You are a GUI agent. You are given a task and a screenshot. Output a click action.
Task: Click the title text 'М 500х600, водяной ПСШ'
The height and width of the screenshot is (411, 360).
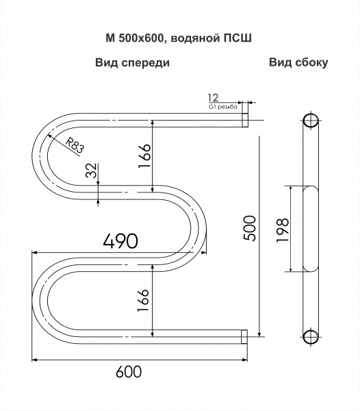179,38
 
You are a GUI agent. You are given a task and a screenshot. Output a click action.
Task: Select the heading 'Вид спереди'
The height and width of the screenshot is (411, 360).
132,63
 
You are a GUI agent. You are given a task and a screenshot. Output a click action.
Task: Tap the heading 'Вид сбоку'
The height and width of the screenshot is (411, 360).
298,62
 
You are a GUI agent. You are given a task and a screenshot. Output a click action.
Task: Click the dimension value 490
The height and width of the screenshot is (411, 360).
120,240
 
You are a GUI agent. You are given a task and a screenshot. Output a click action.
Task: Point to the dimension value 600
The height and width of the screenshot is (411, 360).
129,371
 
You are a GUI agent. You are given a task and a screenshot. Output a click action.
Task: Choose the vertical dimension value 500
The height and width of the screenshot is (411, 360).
249,228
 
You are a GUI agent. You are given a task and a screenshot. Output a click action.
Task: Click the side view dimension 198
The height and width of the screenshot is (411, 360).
283,230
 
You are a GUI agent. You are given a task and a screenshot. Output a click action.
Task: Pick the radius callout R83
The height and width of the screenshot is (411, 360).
75,146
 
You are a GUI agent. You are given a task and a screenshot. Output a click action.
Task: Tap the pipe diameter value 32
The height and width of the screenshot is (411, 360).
92,171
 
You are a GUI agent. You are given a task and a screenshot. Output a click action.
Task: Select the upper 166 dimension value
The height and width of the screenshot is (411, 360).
144,156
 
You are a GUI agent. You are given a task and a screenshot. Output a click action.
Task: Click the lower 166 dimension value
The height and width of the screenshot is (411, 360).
143,300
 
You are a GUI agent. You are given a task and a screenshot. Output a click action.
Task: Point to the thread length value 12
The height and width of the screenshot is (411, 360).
213,98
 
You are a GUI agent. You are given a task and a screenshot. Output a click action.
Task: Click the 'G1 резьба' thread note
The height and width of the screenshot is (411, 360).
223,107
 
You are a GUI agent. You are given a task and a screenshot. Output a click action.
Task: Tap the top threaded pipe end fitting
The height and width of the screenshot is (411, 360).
244,121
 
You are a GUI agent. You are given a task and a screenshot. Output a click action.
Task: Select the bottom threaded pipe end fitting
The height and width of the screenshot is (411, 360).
244,336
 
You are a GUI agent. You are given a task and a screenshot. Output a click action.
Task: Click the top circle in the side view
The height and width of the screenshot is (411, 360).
311,121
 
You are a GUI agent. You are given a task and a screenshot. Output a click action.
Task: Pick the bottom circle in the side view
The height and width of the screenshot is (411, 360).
311,337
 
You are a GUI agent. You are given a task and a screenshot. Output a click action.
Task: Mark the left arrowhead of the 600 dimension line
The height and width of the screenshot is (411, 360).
34,360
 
